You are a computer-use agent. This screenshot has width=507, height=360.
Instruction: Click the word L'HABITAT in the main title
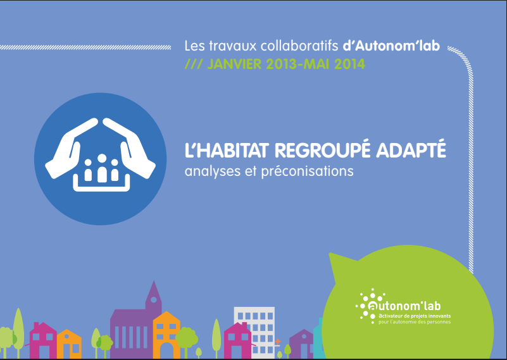pyautogui.click(x=227, y=151)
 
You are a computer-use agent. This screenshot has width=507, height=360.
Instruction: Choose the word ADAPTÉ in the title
pyautogui.click(x=411, y=149)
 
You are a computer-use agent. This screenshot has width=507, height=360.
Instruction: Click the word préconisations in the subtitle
pyautogui.click(x=307, y=171)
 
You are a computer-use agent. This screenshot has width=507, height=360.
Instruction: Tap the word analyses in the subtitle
pyautogui.click(x=213, y=171)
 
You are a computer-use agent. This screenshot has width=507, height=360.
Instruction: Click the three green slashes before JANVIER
pyautogui.click(x=193, y=64)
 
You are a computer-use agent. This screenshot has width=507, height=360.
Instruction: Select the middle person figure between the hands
pyautogui.click(x=102, y=168)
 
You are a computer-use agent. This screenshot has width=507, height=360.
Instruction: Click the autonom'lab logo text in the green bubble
pyautogui.click(x=404, y=306)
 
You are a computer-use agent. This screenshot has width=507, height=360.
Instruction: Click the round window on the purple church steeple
pyautogui.click(x=154, y=299)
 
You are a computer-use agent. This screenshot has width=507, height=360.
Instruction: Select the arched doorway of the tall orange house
pyautogui.click(x=166, y=351)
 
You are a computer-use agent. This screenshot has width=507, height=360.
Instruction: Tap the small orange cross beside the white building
pyautogui.click(x=277, y=341)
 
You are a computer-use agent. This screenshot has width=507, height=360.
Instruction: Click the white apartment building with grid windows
pyautogui.click(x=254, y=332)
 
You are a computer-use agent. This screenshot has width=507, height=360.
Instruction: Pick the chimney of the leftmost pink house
pyautogui.click(x=37, y=325)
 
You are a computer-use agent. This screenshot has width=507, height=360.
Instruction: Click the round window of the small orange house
pyautogui.click(x=66, y=337)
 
